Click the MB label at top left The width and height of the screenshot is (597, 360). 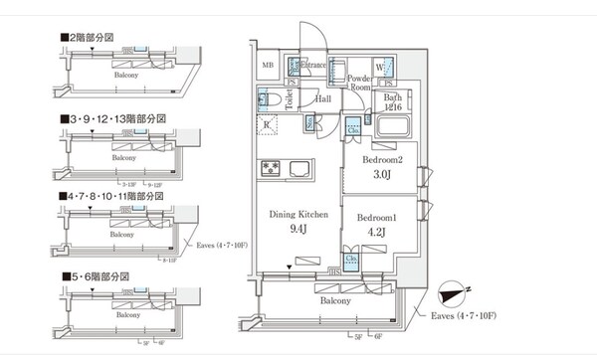267,66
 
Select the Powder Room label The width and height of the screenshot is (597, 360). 359,82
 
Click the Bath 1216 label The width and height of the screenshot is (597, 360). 393,101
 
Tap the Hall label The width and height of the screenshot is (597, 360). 322,99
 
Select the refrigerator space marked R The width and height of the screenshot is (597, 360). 269,124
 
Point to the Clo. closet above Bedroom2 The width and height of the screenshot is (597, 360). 353,129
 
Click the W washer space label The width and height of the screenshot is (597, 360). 380,68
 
